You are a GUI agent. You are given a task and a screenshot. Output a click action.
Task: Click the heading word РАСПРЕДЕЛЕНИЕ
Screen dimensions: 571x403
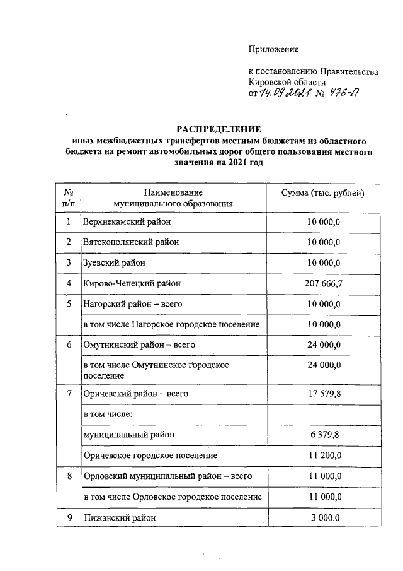(217, 130)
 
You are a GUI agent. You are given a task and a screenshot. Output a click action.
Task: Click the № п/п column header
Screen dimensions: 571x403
(69, 197)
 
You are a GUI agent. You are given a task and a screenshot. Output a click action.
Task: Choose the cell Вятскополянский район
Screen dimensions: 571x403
(131, 242)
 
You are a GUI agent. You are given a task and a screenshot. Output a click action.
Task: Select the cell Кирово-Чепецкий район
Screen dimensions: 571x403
(132, 283)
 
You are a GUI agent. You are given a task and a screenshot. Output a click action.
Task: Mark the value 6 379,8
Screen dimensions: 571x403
(325, 435)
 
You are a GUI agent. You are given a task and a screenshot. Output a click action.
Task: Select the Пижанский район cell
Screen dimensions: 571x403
(119, 517)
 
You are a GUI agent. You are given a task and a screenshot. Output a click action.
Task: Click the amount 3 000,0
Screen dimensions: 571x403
(325, 517)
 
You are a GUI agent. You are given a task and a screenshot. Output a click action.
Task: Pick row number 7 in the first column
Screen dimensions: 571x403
(69, 394)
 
